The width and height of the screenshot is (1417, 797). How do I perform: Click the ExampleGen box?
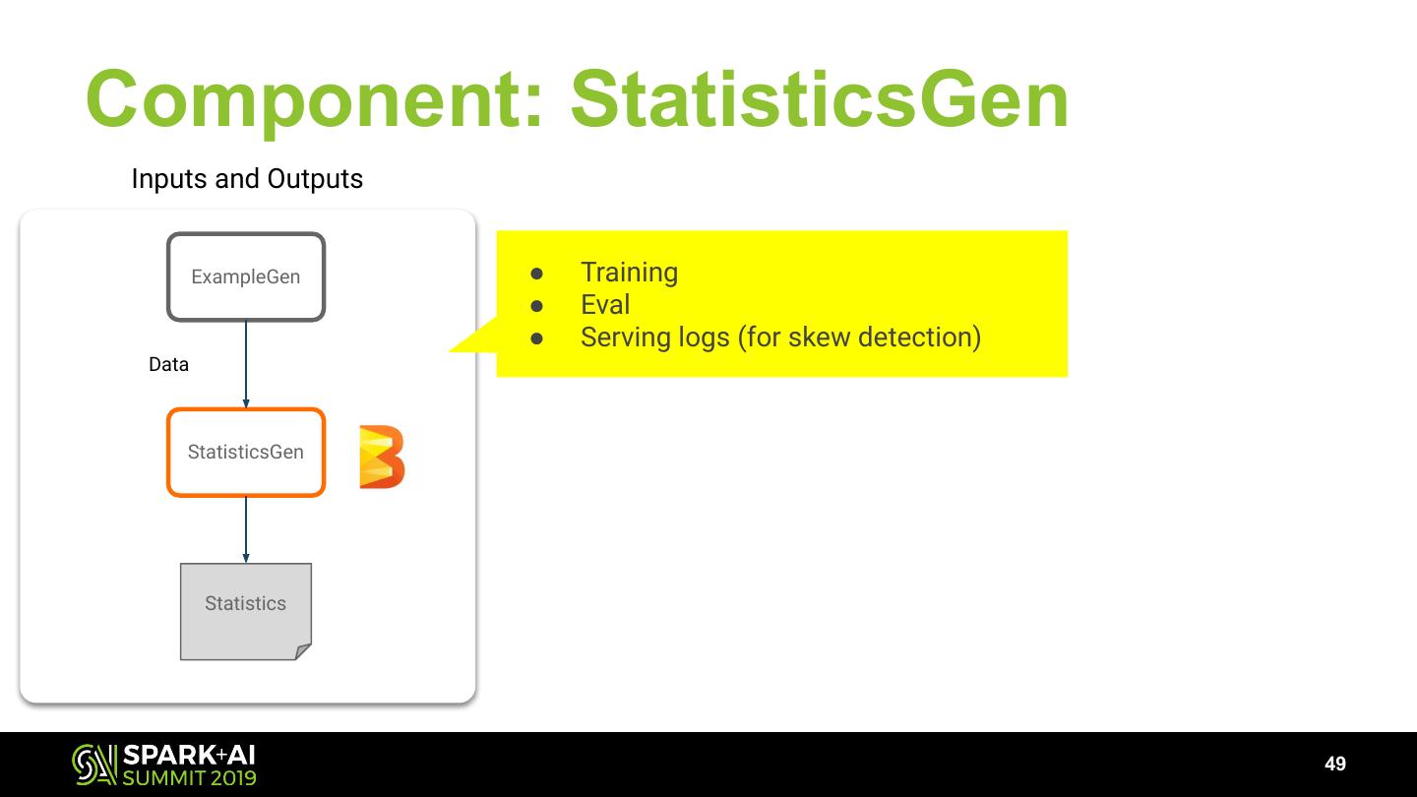point(246,276)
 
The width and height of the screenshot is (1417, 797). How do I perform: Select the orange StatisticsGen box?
point(246,453)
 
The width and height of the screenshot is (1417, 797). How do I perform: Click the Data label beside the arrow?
point(168,365)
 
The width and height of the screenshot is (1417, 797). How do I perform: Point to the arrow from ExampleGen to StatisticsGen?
point(246,364)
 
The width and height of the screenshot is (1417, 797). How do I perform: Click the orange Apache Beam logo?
point(382,457)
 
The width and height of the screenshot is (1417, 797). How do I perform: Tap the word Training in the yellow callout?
point(629,273)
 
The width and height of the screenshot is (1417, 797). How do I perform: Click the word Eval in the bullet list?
point(605,305)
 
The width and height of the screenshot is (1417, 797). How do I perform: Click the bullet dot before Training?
point(536,273)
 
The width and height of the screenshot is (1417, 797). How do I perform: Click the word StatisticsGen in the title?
point(820,100)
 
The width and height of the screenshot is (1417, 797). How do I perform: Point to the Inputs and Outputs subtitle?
point(247,179)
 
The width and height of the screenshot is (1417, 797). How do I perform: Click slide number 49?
point(1335,765)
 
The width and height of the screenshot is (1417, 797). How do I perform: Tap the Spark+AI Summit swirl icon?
point(93,765)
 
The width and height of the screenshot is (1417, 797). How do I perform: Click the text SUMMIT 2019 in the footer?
point(189,778)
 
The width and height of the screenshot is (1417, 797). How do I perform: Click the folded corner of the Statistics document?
point(303,651)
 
